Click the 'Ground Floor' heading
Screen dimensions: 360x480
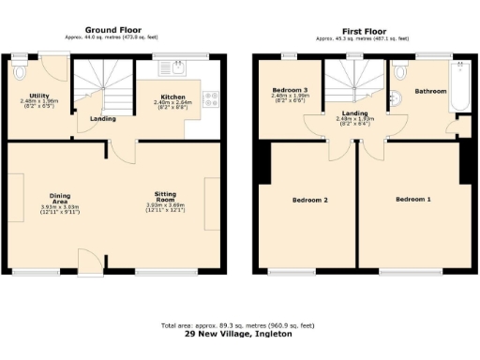tap(117, 30)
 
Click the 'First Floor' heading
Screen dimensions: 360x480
tap(361, 30)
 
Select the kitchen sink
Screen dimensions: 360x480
tap(175, 67)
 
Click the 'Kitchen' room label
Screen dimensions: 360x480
tap(172, 97)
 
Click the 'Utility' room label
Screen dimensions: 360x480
tap(39, 96)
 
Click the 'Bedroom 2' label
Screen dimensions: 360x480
tap(309, 201)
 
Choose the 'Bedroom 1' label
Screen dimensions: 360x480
tap(412, 200)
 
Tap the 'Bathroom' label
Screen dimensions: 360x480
tap(431, 91)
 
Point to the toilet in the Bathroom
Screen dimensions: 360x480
tap(401, 71)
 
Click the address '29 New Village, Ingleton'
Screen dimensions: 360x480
tap(240, 333)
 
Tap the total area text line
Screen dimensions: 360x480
tap(240, 324)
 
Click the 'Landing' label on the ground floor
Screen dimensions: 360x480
tap(103, 119)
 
